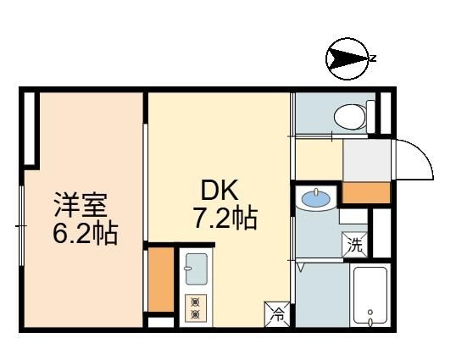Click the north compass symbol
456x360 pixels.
coord(347,59)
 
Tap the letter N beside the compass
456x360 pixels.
coord(373,58)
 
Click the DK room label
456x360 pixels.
coord(220,191)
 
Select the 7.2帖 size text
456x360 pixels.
coord(225,219)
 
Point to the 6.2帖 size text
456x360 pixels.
coord(86,233)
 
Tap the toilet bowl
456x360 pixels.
coord(349,118)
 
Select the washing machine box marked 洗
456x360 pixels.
coord(355,245)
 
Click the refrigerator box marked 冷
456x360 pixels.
coord(277,314)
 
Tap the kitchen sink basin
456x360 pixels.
coord(197,269)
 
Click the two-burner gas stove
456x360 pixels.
coord(196,308)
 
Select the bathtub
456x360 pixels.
coord(370,296)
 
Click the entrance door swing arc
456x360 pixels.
coord(422,151)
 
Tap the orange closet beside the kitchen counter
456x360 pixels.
coord(161,280)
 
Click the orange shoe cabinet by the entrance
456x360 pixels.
coord(366,193)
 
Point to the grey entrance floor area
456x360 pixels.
coord(367,160)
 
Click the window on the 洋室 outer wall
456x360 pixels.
coord(21,225)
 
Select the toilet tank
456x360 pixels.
coord(370,117)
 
